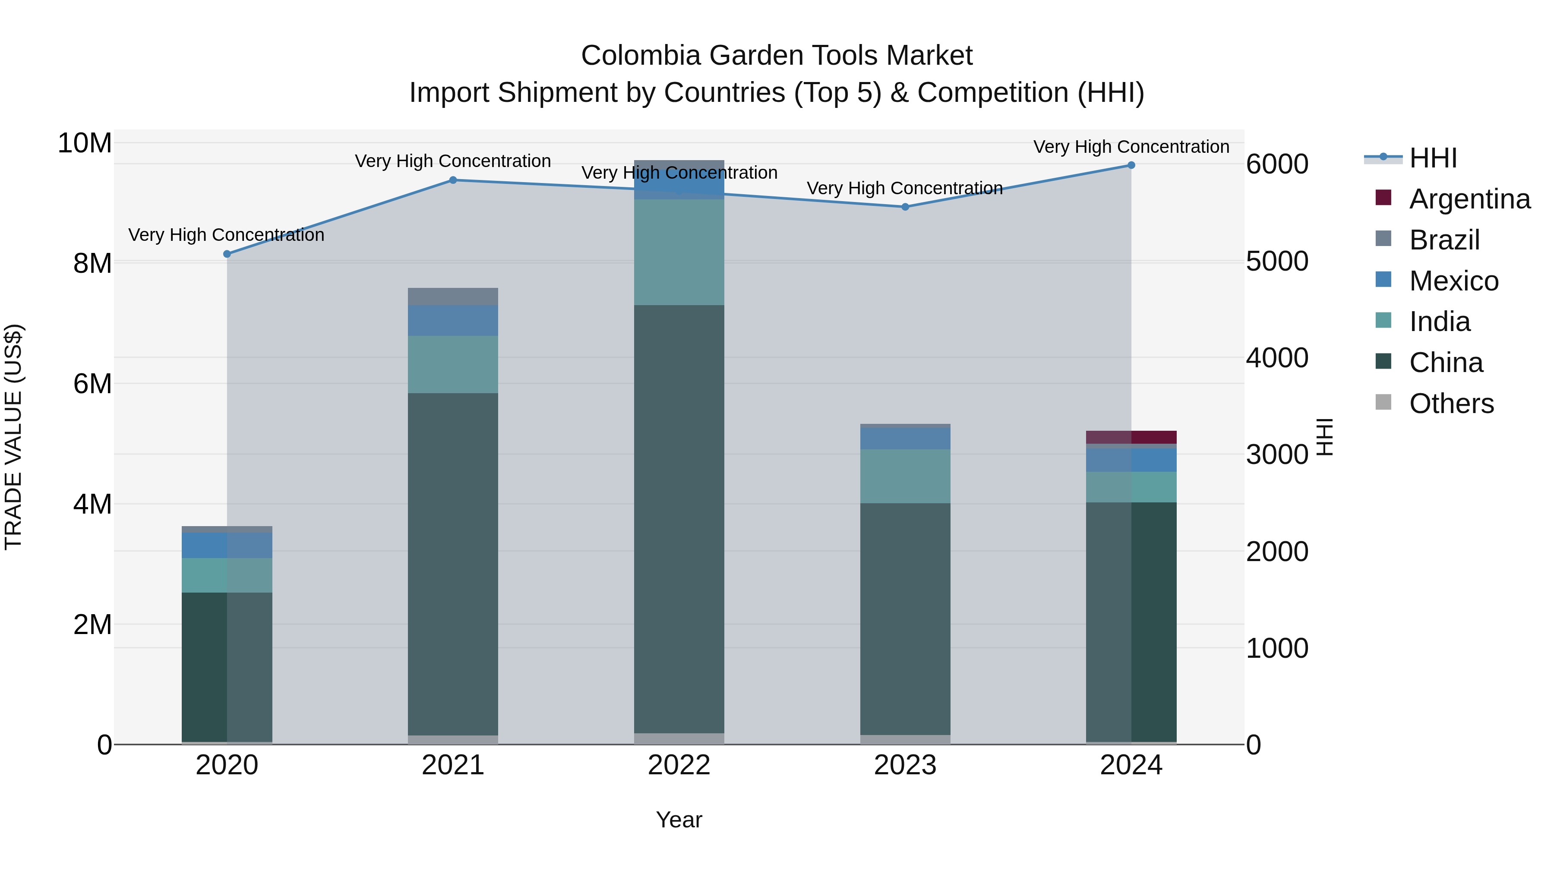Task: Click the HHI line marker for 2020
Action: tap(227, 254)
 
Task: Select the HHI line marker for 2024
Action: tap(1131, 165)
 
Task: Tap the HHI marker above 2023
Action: tap(905, 207)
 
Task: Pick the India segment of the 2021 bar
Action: tap(453, 364)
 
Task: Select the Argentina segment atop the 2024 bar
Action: tap(1131, 437)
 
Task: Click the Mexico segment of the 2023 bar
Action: tap(905, 439)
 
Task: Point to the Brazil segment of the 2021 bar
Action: tap(453, 297)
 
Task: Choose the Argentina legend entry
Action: tap(1469, 199)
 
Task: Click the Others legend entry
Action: tap(1451, 404)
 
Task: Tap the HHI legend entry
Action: tap(1433, 158)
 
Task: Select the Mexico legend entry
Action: tap(1453, 281)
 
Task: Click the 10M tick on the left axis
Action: tap(85, 144)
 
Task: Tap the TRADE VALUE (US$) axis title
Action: tap(13, 437)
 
